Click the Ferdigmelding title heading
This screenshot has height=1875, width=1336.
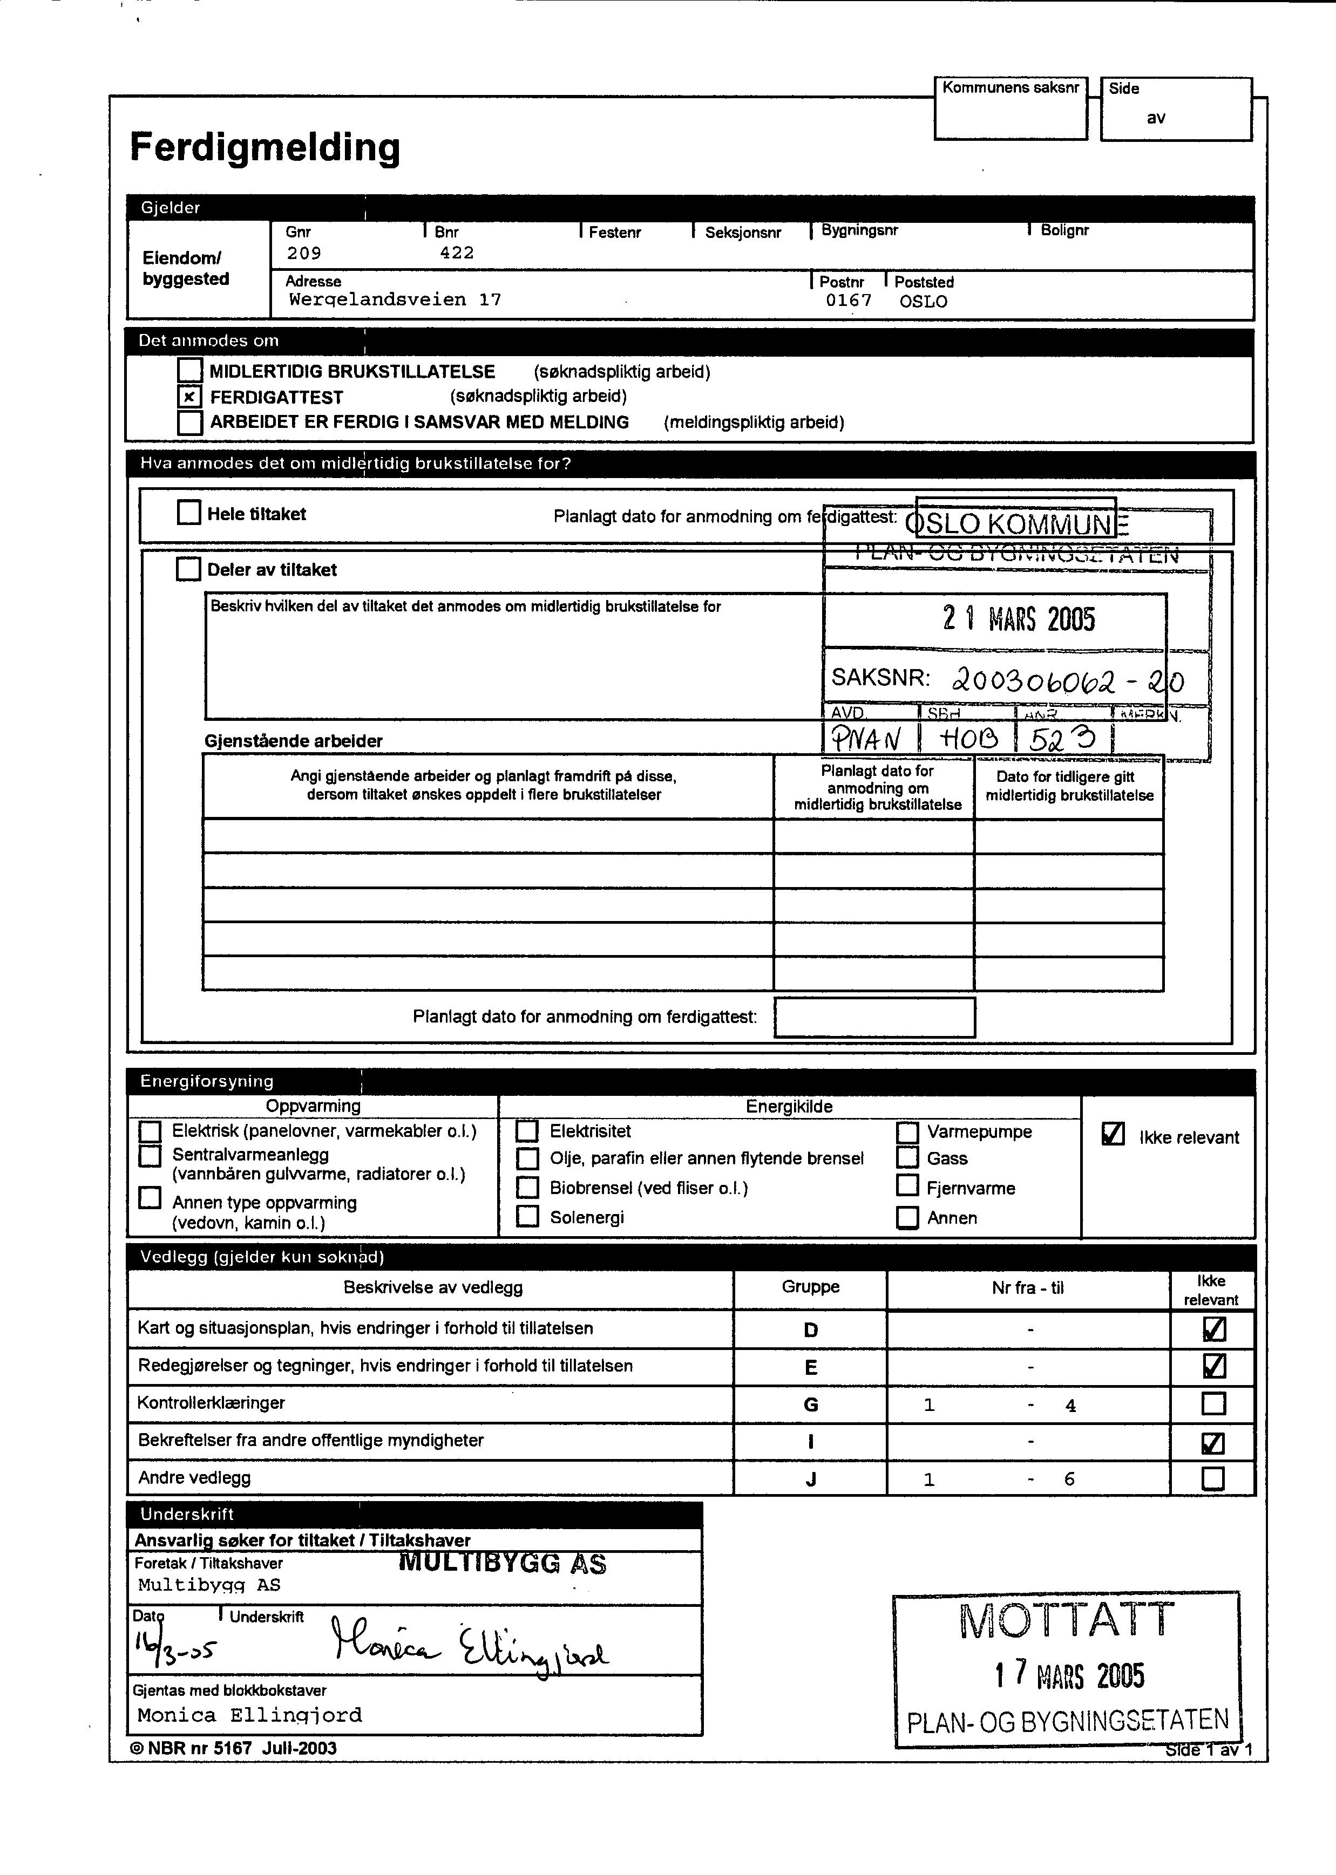pyautogui.click(x=265, y=148)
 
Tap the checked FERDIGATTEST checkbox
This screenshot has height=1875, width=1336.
pyautogui.click(x=189, y=397)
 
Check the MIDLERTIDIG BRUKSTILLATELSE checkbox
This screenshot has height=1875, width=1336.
pyautogui.click(x=189, y=371)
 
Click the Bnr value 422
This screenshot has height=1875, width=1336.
pyautogui.click(x=457, y=253)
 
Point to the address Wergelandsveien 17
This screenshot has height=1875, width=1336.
pyautogui.click(x=395, y=300)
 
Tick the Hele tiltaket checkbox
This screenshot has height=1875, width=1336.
pyautogui.click(x=189, y=513)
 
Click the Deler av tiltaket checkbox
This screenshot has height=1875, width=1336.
pyautogui.click(x=188, y=569)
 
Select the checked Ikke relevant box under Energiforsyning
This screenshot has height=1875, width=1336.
pyautogui.click(x=1112, y=1135)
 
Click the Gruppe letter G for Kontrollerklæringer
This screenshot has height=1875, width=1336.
pyautogui.click(x=810, y=1404)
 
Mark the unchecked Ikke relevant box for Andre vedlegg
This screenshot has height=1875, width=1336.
pyautogui.click(x=1212, y=1478)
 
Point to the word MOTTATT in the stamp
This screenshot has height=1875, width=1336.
pyautogui.click(x=1066, y=1621)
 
